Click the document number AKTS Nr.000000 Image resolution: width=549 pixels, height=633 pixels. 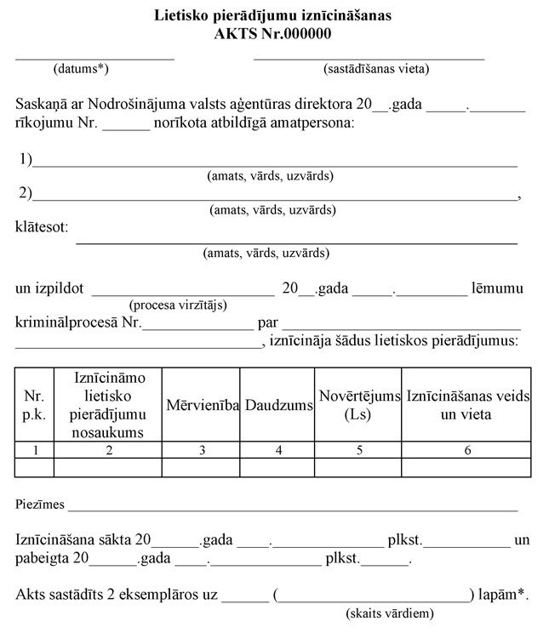[x=273, y=34]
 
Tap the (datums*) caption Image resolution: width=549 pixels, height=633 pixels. [x=82, y=69]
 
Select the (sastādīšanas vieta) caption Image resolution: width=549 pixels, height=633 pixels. [x=376, y=69]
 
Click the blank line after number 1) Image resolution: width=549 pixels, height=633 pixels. [x=275, y=162]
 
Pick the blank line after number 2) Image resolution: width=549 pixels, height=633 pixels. [x=275, y=194]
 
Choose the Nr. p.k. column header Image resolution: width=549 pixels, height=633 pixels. [x=34, y=405]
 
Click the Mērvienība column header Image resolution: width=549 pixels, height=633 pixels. [x=202, y=406]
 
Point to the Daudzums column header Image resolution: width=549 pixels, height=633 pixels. [x=278, y=406]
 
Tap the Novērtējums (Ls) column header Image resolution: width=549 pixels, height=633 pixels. [x=358, y=405]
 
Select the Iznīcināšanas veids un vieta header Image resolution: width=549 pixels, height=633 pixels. [x=466, y=405]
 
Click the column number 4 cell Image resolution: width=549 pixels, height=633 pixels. [x=278, y=451]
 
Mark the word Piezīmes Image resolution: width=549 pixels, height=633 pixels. [x=40, y=505]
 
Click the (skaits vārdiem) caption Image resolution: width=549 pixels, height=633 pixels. [x=390, y=613]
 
